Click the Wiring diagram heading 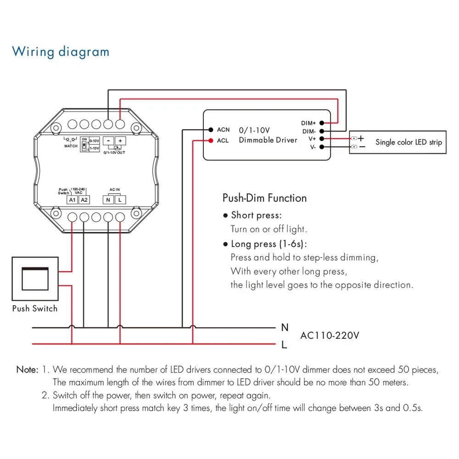point(61,51)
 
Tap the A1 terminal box point(73,199)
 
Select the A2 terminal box point(84,199)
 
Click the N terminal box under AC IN point(108,199)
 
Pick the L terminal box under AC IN point(120,199)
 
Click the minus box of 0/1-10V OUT point(108,141)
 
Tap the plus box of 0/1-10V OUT point(120,141)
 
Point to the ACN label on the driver point(223,130)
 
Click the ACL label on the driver point(223,141)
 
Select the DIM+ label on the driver point(308,123)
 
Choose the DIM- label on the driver point(308,131)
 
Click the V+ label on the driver point(312,139)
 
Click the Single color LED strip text point(409,142)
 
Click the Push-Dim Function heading point(264,198)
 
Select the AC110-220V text point(330,336)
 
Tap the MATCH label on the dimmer point(71,146)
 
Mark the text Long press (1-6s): point(269,244)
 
